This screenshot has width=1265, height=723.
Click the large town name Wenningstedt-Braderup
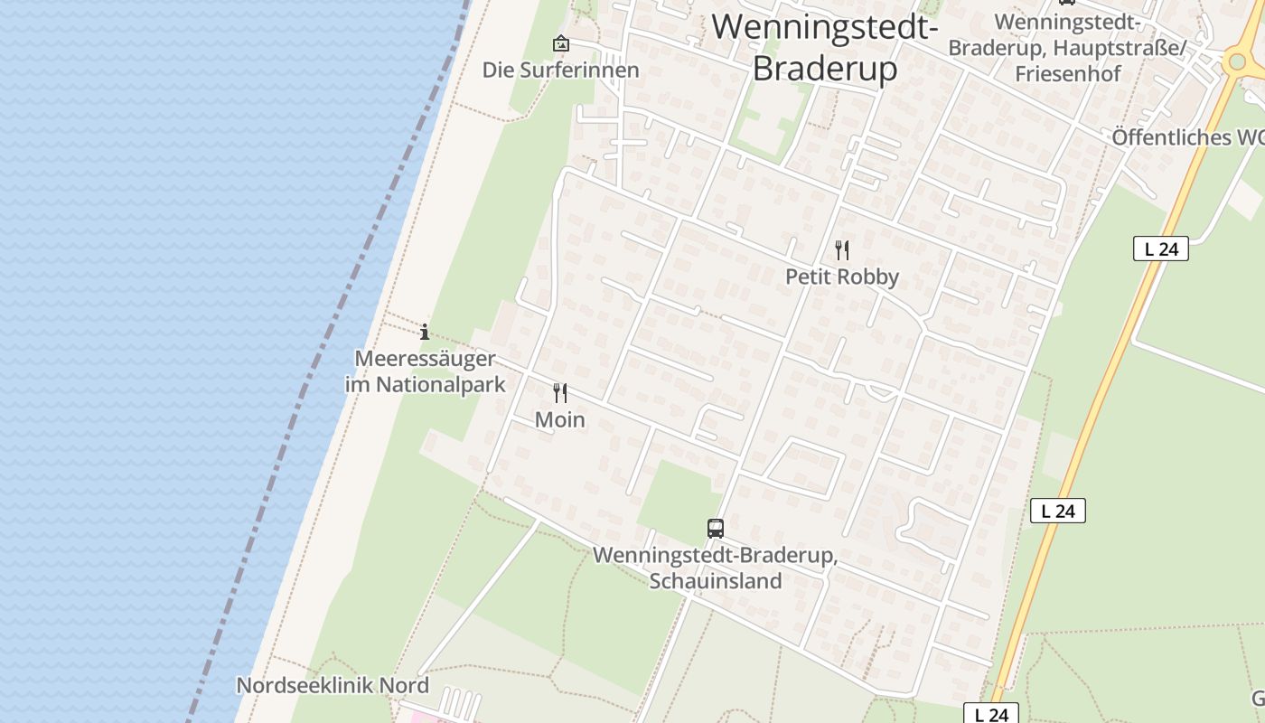pyautogui.click(x=824, y=47)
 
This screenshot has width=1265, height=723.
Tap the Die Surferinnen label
pyautogui.click(x=560, y=70)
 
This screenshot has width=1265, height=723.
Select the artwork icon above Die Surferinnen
pyautogui.click(x=561, y=42)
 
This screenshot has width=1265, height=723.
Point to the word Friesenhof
pyautogui.click(x=1067, y=73)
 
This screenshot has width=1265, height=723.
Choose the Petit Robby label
pyautogui.click(x=841, y=277)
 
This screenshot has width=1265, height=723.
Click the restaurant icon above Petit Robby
pyautogui.click(x=841, y=249)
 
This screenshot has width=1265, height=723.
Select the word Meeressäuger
pyautogui.click(x=425, y=359)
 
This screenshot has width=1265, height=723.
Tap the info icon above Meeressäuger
pyautogui.click(x=425, y=331)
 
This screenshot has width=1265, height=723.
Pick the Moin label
pyautogui.click(x=560, y=419)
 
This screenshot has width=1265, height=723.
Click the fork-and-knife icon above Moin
pyautogui.click(x=560, y=392)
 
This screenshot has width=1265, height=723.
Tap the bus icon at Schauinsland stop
pyautogui.click(x=716, y=528)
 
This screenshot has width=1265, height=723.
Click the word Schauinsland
pyautogui.click(x=715, y=580)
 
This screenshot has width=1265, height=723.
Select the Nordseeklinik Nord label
pyautogui.click(x=333, y=685)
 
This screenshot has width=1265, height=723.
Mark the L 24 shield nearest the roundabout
pyautogui.click(x=1160, y=249)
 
